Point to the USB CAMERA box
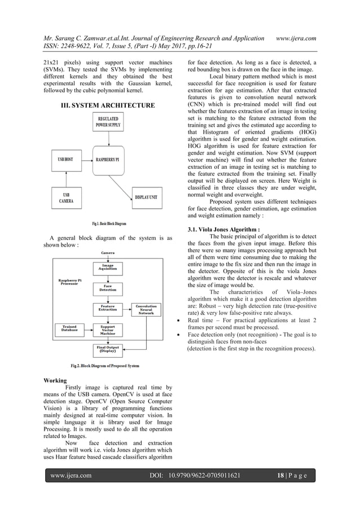point(66,198)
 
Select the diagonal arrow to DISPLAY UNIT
point(129,178)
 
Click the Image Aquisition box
point(107,267)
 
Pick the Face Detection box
point(107,287)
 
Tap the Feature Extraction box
point(107,308)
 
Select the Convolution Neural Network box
point(146,309)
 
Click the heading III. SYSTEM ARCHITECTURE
point(108,106)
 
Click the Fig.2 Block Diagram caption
point(105,366)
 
